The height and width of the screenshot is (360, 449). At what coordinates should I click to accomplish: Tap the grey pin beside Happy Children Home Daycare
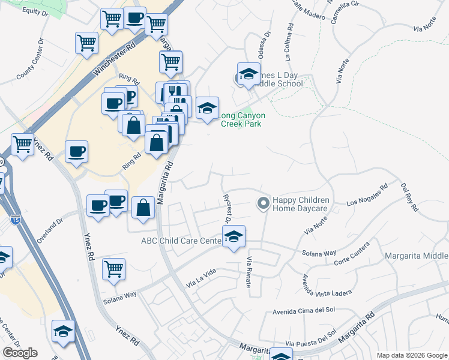[262, 204]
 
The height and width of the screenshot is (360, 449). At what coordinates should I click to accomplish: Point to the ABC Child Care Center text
[181, 241]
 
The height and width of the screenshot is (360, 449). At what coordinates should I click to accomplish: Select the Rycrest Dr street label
[228, 208]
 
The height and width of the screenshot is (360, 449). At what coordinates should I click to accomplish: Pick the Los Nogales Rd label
[367, 200]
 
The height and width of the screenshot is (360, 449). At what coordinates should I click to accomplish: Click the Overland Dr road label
[50, 230]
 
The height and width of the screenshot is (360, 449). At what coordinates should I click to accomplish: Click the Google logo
[20, 353]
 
